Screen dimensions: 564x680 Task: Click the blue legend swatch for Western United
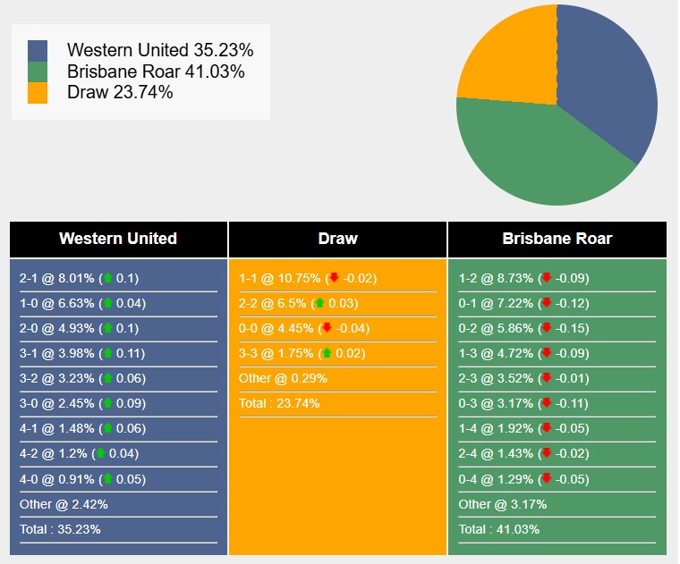coord(38,51)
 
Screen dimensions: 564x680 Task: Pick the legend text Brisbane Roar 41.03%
coord(156,72)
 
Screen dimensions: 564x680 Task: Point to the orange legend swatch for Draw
coord(38,93)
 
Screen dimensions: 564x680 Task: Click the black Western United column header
coord(118,239)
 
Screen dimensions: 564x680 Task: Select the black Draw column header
coord(337,239)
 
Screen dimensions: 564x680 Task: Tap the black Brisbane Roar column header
coord(557,239)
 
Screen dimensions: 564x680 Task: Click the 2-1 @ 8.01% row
coord(79,278)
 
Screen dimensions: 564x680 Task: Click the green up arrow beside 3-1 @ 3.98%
coord(108,353)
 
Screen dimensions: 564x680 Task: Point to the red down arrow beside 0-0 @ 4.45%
coord(327,328)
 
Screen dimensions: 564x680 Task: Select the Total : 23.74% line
coord(279,403)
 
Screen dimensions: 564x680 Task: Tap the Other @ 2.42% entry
coord(64,504)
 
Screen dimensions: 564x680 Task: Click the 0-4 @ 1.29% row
coord(523,479)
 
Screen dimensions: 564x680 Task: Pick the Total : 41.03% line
coord(499,529)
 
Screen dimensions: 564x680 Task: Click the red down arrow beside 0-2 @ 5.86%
coord(547,328)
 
